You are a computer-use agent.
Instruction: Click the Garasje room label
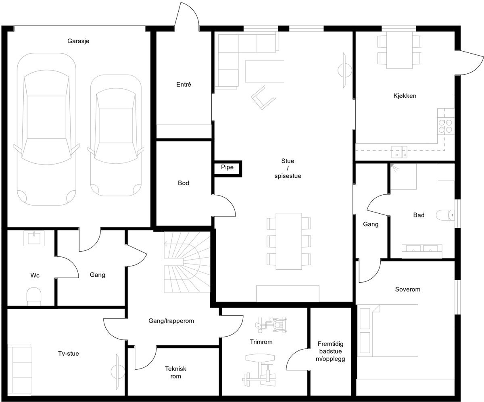pos(78,41)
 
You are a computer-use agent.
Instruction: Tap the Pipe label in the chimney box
pos(227,167)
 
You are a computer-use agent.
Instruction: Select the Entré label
pos(184,84)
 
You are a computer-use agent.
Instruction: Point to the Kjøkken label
pos(405,96)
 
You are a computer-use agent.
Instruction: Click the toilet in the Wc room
pos(34,296)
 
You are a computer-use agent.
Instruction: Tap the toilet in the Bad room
pos(445,215)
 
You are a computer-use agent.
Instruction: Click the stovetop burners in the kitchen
pos(445,126)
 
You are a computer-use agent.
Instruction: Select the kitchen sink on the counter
pos(399,152)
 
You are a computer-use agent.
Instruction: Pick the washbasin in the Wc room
pos(34,238)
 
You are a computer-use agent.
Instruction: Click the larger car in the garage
pos(46,129)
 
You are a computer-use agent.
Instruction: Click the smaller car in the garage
pos(116,135)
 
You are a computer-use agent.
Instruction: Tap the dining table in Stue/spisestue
pos(289,241)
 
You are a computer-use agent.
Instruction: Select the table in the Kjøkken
pos(399,50)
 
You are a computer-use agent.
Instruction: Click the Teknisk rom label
pos(175,372)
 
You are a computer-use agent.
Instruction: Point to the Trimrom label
pos(261,342)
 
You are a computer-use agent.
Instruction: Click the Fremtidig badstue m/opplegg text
pos(330,351)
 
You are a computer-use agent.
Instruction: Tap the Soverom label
pos(407,289)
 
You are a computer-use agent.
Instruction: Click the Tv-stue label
pos(69,353)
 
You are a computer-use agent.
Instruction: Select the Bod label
pos(184,183)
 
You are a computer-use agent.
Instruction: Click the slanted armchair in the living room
pos(263,97)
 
